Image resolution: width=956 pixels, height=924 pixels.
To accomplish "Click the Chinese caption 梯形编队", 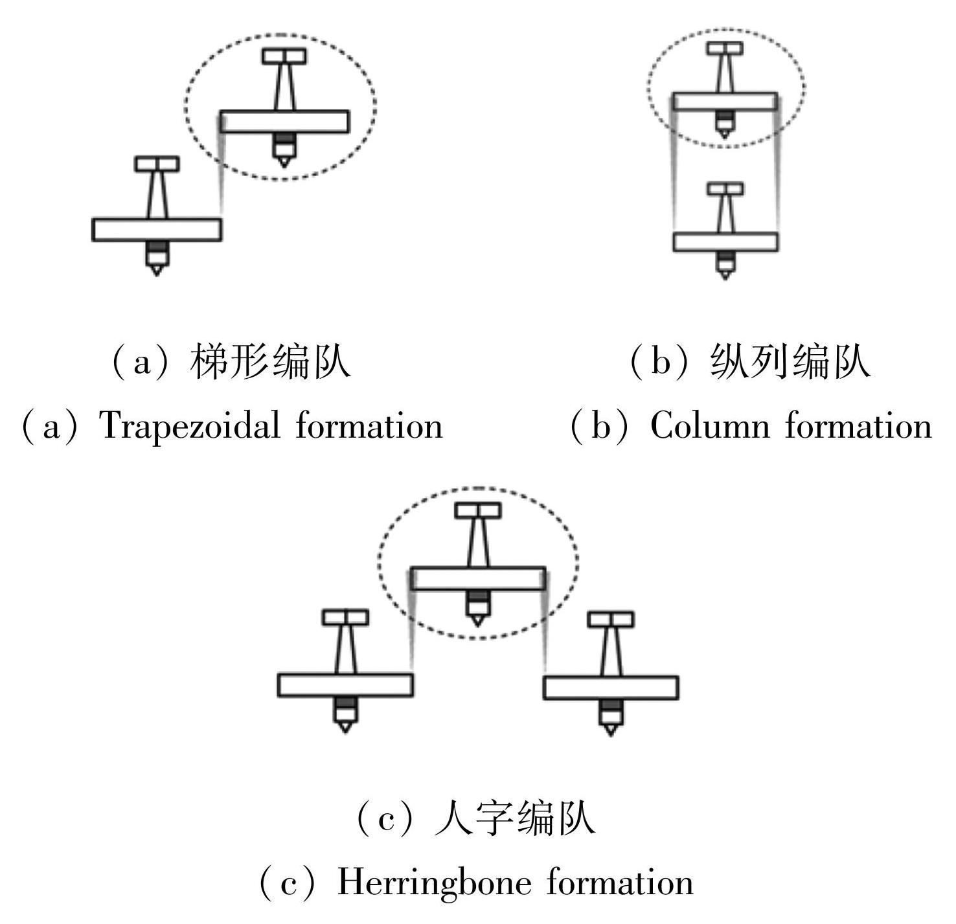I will (x=270, y=361).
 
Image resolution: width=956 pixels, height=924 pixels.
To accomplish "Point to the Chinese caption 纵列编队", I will (x=790, y=361).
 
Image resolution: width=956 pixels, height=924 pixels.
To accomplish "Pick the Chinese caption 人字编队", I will (x=515, y=818).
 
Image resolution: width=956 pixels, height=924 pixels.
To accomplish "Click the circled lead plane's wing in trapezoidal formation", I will (x=284, y=122).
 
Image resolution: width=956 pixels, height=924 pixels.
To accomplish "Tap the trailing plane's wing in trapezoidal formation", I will (x=157, y=230).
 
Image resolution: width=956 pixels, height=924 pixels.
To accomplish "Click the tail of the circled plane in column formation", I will (x=725, y=49).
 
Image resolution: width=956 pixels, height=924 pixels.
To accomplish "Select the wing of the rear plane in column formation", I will (x=725, y=242).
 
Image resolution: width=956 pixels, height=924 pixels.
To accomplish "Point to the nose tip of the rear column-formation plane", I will (x=725, y=276).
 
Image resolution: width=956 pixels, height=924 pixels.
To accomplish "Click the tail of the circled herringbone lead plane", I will (x=478, y=510).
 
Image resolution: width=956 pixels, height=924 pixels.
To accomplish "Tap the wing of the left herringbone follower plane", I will (x=345, y=685).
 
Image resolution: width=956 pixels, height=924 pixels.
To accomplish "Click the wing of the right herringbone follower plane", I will (x=611, y=688).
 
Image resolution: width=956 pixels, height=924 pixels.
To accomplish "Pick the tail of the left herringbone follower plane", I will (x=345, y=618).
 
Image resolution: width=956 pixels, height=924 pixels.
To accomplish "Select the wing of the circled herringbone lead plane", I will (x=478, y=578).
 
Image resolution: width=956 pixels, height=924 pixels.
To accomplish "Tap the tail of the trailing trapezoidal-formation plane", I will (x=157, y=164).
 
